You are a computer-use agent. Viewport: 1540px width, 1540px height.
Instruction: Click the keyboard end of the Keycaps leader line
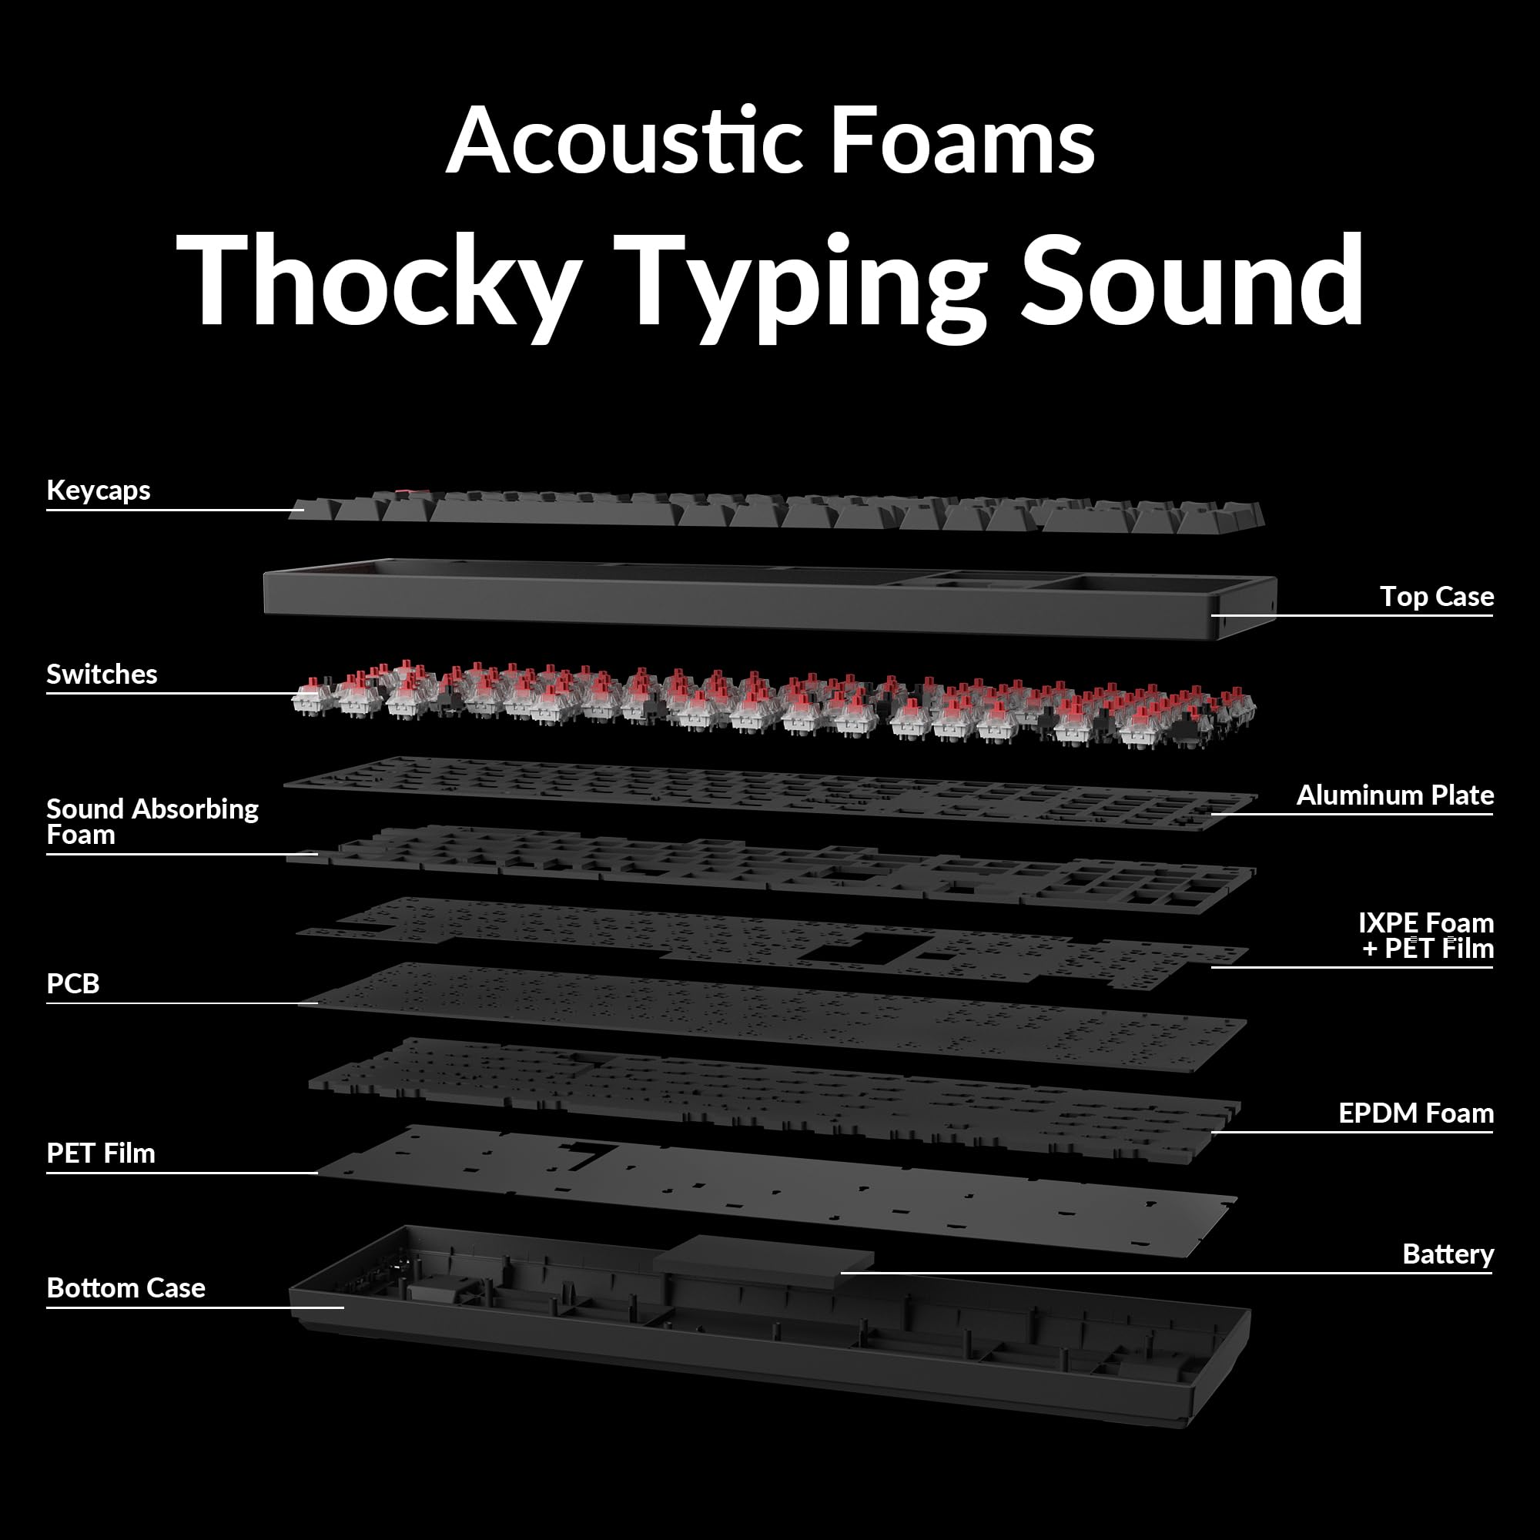[303, 511]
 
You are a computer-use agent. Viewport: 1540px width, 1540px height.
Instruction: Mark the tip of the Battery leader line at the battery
[842, 1273]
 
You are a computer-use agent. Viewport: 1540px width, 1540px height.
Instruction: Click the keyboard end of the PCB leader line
[317, 1003]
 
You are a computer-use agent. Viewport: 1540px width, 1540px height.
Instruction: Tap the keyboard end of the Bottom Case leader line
[343, 1307]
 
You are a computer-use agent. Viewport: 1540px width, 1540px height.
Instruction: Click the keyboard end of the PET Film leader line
[317, 1173]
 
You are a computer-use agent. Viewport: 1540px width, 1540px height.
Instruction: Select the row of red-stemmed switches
[773, 705]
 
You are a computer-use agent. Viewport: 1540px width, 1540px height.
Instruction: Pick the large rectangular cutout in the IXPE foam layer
[853, 948]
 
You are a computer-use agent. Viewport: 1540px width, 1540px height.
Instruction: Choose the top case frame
[770, 598]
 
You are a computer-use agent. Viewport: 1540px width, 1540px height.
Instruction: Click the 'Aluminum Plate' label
[1395, 795]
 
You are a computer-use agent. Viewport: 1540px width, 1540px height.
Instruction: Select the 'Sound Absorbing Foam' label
[152, 821]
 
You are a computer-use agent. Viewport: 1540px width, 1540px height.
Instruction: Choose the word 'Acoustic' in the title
[624, 140]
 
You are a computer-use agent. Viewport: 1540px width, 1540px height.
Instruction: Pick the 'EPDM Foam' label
[1416, 1113]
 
